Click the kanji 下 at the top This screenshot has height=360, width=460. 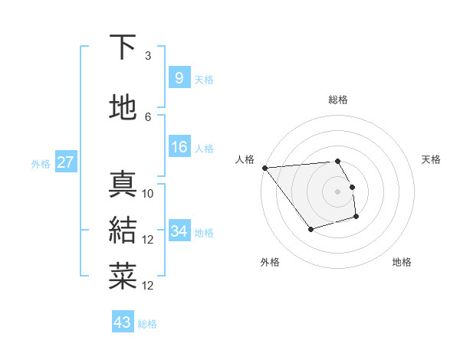(x=123, y=47)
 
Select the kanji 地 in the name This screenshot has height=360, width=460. (x=123, y=108)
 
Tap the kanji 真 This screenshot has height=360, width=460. (x=123, y=185)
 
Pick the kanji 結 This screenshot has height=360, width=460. (x=123, y=230)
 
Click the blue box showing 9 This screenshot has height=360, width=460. (x=179, y=78)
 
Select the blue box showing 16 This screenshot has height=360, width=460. (x=179, y=147)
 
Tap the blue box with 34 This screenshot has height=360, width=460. (x=179, y=231)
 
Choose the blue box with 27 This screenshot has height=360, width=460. (x=65, y=162)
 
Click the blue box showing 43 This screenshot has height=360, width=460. (x=122, y=322)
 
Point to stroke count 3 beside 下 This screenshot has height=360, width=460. (x=148, y=56)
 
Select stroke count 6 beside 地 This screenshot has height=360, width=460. (x=148, y=116)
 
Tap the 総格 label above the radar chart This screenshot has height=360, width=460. (x=337, y=100)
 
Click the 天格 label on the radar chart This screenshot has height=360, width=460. (x=431, y=159)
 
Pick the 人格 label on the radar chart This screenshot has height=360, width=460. (x=245, y=159)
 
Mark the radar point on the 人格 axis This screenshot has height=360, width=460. (x=264, y=167)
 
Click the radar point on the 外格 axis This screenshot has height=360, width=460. (x=310, y=229)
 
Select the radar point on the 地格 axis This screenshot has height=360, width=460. (x=356, y=218)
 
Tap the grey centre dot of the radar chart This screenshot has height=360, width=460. (x=337, y=191)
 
